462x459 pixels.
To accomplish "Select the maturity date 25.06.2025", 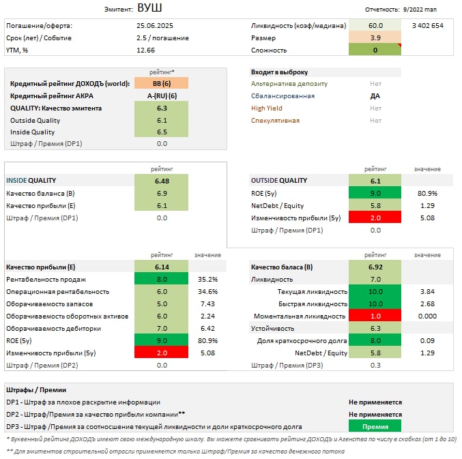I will pyautogui.click(x=155, y=25).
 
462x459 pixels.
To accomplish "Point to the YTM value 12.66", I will pyautogui.click(x=146, y=50).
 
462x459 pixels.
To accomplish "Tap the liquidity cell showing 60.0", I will pyautogui.click(x=375, y=25).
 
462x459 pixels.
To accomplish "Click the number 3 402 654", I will pyautogui.click(x=428, y=25).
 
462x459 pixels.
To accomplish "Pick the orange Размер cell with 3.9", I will pyautogui.click(x=375, y=38).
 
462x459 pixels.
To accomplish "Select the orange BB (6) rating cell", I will pyautogui.click(x=162, y=83).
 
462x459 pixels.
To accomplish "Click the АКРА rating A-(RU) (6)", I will pyautogui.click(x=162, y=95).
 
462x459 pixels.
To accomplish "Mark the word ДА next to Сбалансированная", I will pyautogui.click(x=375, y=96).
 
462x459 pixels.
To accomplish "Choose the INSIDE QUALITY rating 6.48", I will pyautogui.click(x=162, y=181).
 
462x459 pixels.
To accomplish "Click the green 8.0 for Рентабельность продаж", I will pyautogui.click(x=162, y=279).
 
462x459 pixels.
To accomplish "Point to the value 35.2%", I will pyautogui.click(x=207, y=279).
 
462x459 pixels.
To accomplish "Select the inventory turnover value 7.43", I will pyautogui.click(x=207, y=303).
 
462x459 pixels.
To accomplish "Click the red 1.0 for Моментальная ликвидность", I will pyautogui.click(x=375, y=316).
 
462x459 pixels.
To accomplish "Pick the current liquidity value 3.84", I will pyautogui.click(x=428, y=291).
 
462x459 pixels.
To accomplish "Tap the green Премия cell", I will pyautogui.click(x=375, y=426).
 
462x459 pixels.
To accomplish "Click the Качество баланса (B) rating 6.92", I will pyautogui.click(x=375, y=267).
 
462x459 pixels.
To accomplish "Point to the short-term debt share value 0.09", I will pyautogui.click(x=428, y=340).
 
